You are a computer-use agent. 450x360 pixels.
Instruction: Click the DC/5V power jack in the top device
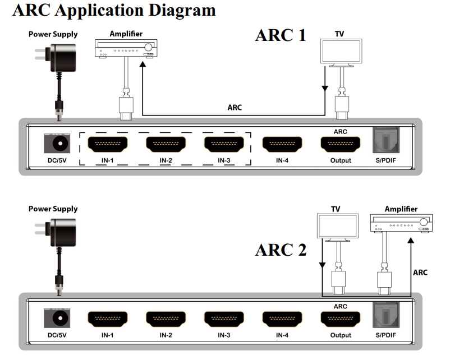tap(57, 144)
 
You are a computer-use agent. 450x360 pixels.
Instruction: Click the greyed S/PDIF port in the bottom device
tap(387, 317)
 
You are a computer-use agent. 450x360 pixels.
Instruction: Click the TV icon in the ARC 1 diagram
tap(340, 52)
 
